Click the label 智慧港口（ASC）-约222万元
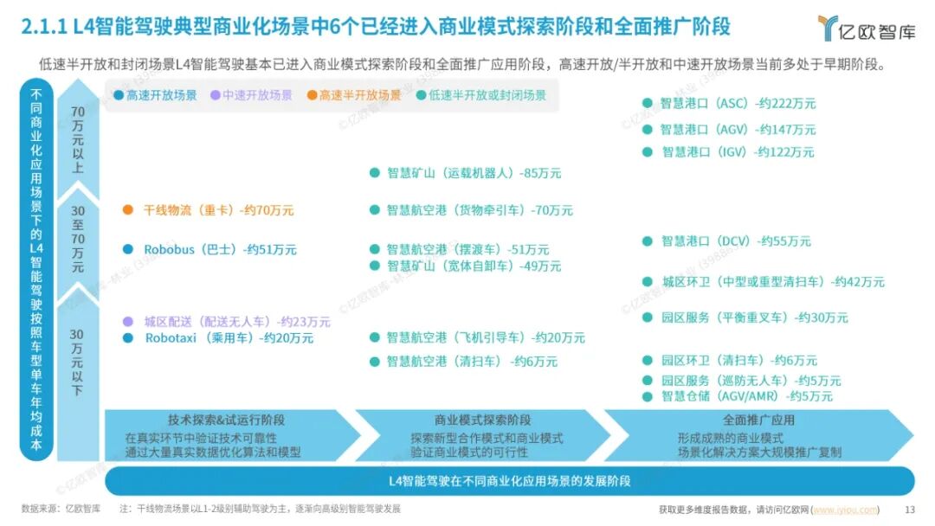pos(738,103)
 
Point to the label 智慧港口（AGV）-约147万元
pos(738,129)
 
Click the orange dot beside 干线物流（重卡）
pos(128,209)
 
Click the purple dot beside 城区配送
pos(128,321)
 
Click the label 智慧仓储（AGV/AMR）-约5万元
pos(746,396)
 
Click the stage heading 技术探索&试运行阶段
pos(226,420)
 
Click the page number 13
pos(909,510)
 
